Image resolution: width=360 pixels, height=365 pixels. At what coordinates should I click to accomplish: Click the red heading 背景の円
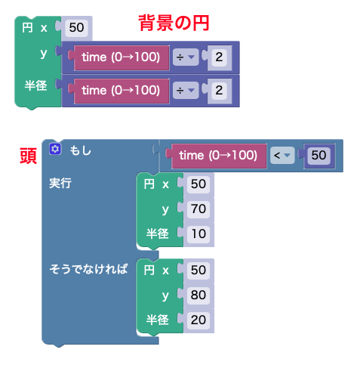click(x=174, y=23)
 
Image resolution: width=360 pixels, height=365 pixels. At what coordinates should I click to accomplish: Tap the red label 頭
click(x=29, y=156)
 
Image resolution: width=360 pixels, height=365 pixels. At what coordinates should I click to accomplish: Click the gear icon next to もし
click(x=55, y=149)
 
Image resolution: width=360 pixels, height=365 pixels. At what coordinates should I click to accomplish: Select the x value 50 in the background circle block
click(x=76, y=27)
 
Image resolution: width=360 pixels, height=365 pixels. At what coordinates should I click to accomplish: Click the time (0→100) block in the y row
click(x=122, y=57)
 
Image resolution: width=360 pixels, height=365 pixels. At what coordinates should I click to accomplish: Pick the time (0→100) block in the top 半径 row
click(x=122, y=91)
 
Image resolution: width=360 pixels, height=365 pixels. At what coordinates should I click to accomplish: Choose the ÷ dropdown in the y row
click(x=186, y=57)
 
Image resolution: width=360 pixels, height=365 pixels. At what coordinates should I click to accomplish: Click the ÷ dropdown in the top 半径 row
click(x=186, y=91)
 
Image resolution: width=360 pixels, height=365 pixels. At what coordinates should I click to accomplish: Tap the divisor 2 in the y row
click(x=219, y=57)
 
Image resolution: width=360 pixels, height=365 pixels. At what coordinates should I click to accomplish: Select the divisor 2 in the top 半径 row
click(x=219, y=91)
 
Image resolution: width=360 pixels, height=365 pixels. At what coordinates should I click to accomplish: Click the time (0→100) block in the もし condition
click(x=218, y=156)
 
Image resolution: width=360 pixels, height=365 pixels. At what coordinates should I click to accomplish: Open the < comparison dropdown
click(x=282, y=156)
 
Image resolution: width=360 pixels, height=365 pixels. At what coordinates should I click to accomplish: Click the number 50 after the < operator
click(x=318, y=156)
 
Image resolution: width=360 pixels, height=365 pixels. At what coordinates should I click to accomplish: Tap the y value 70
click(x=198, y=209)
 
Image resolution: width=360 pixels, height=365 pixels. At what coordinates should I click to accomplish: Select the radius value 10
click(x=198, y=234)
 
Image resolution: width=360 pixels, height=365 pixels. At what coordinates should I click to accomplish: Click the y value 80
click(x=198, y=295)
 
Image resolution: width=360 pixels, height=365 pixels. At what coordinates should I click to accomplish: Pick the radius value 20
click(x=198, y=320)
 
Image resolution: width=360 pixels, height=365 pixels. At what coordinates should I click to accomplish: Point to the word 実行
click(x=60, y=183)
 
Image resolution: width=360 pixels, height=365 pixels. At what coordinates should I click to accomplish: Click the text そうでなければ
click(x=88, y=269)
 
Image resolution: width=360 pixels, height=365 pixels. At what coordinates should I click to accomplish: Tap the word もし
click(x=81, y=150)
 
